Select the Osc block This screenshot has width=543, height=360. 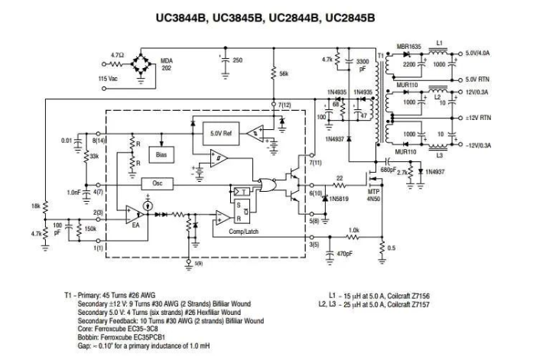point(157,184)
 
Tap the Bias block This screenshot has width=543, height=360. point(161,154)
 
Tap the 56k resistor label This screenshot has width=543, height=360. point(284,74)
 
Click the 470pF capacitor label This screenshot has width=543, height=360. point(346,252)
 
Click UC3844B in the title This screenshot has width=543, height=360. point(185,15)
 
